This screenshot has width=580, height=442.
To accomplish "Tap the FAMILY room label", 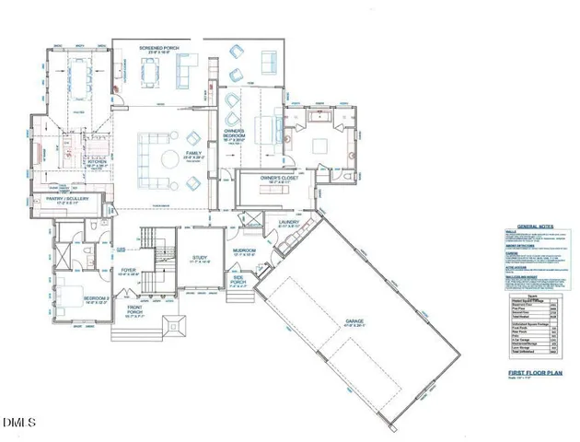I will pyautogui.click(x=194, y=153).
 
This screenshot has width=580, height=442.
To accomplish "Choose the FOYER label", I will pyautogui.click(x=129, y=270).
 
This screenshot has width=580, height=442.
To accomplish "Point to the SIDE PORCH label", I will pyautogui.click(x=238, y=280).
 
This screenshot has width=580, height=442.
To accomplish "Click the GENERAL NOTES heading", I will pyautogui.click(x=538, y=226).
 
